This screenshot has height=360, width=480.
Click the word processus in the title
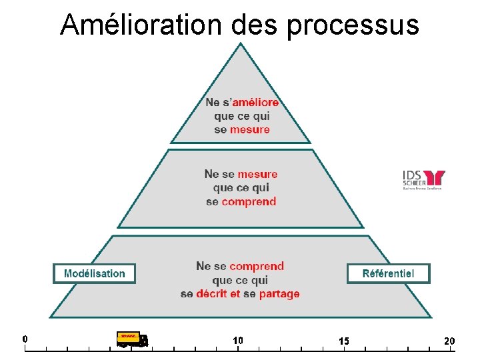tap(353, 25)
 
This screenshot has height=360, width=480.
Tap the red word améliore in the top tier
tap(255, 103)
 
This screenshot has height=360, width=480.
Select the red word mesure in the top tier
tap(250, 129)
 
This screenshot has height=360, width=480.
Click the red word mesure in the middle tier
tap(257, 174)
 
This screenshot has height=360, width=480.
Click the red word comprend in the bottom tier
tap(257, 266)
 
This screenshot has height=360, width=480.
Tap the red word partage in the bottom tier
tap(279, 293)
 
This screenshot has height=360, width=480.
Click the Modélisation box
tap(94, 273)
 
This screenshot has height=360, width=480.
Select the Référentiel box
tap(388, 273)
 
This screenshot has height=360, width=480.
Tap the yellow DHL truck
tap(132, 339)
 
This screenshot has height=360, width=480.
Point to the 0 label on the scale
tap(25, 338)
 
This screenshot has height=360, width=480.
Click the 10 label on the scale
tap(238, 340)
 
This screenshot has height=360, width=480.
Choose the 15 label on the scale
tap(343, 341)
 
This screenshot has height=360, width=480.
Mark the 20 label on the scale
tap(449, 341)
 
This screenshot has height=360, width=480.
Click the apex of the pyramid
tap(241, 45)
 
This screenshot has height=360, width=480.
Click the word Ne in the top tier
tap(213, 103)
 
